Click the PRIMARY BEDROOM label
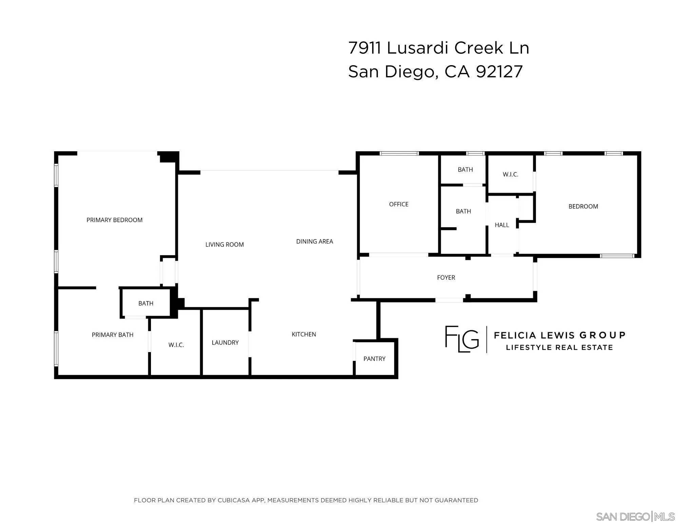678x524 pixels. click(114, 220)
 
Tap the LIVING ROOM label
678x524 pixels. click(225, 245)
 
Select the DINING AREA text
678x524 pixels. click(314, 241)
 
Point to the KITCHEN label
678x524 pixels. click(304, 334)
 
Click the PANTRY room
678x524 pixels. click(374, 359)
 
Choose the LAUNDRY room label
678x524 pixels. click(225, 343)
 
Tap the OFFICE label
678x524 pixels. click(399, 204)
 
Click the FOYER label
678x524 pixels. click(446, 277)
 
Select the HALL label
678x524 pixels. click(502, 225)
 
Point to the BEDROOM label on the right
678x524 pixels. click(583, 206)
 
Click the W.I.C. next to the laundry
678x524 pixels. click(176, 345)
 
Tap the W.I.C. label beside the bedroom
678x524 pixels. click(510, 174)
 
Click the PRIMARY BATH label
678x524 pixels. click(113, 335)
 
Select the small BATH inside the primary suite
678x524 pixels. click(146, 303)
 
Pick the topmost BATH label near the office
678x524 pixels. click(465, 170)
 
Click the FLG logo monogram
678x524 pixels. click(462, 339)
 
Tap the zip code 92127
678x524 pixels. click(499, 72)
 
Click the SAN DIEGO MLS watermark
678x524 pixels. click(635, 517)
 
